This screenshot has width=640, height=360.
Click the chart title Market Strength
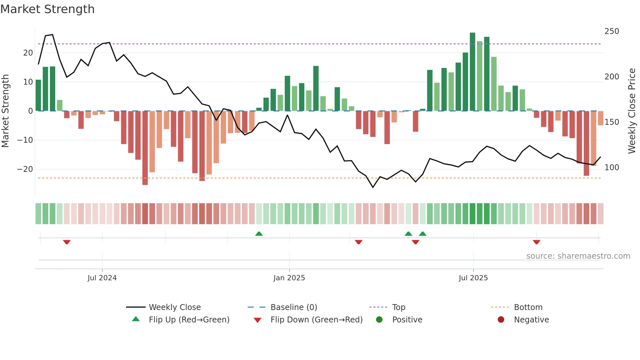point(47,9)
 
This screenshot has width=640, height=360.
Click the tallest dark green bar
point(472,72)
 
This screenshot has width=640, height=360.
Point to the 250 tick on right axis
point(612,31)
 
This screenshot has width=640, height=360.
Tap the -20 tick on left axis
point(25,169)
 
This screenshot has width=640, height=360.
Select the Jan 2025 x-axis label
point(289,278)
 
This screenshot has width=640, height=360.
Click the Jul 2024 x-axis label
point(102,278)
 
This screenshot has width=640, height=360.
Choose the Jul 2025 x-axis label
point(473,278)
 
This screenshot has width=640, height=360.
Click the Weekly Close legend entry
point(174,307)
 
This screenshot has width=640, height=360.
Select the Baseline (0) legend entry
point(294,307)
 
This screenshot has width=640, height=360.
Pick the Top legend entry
point(398,307)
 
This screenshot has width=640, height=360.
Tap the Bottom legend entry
point(528,307)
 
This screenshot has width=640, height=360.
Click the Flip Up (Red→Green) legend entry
point(189,320)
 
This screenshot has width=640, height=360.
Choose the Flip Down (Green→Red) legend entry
point(316,320)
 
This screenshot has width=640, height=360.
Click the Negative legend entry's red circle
point(501,320)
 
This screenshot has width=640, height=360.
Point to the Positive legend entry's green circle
point(379,320)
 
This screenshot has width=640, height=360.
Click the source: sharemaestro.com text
point(578,256)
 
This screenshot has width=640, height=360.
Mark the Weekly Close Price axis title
point(632,111)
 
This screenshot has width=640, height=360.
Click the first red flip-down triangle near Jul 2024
point(67,242)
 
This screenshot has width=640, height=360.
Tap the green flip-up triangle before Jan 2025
point(259,234)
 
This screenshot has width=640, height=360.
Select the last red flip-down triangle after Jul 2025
point(536,242)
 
